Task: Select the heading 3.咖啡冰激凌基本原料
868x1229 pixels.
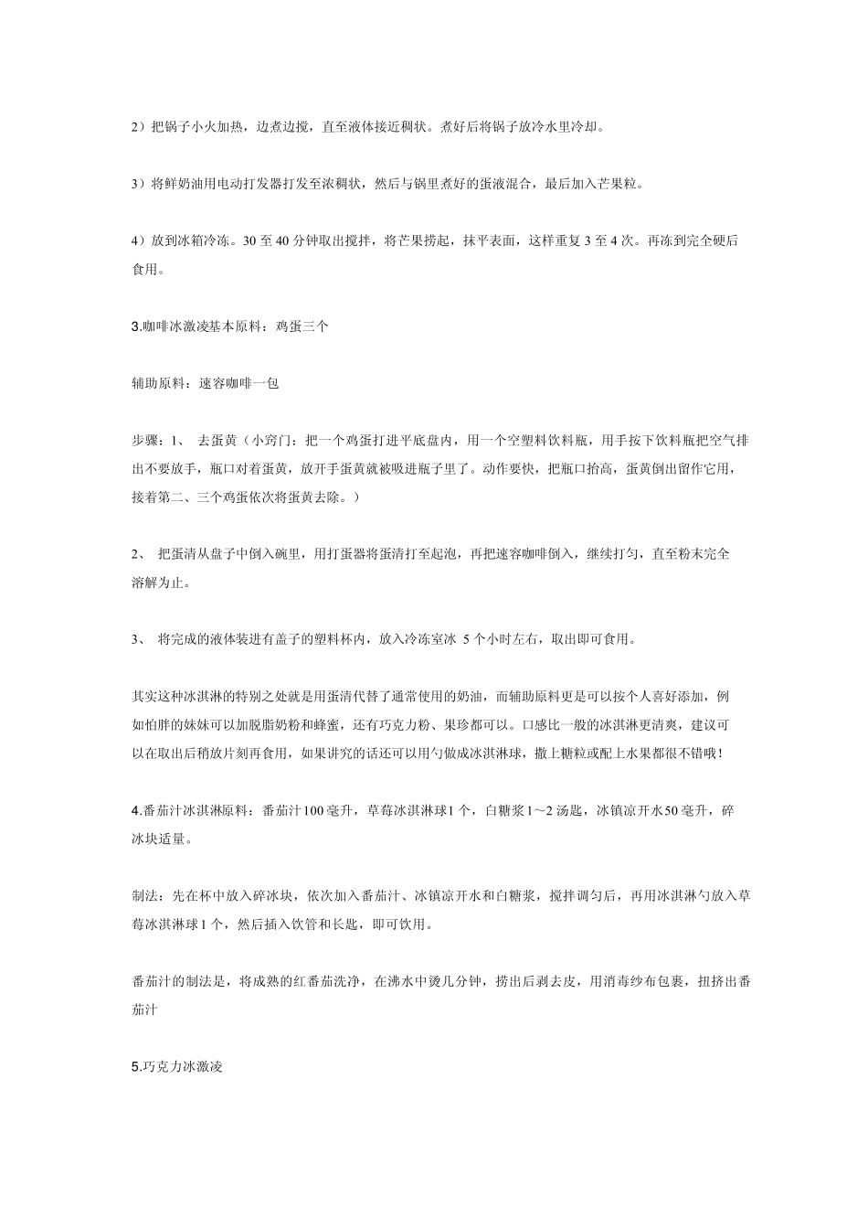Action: pos(196,326)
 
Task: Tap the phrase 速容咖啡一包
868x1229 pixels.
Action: pos(238,383)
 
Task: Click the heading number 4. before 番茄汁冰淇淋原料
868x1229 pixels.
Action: pos(136,810)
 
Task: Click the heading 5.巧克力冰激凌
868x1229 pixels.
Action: pos(177,1066)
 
